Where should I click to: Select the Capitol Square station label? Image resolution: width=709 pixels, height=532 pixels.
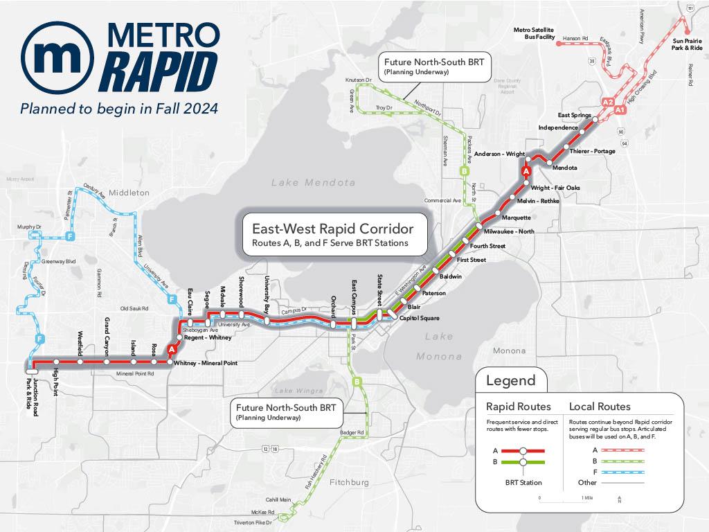(419, 318)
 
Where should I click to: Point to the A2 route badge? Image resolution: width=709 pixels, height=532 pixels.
(608, 102)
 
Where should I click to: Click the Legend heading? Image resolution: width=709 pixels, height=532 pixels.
(511, 380)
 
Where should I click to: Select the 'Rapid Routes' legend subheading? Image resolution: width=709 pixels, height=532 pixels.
(519, 406)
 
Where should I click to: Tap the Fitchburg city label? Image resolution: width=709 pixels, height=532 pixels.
(350, 482)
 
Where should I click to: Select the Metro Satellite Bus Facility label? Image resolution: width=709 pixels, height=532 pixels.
(534, 33)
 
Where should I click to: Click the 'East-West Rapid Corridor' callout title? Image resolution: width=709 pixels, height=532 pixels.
(332, 228)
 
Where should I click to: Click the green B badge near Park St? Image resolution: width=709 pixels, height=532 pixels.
(357, 381)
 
